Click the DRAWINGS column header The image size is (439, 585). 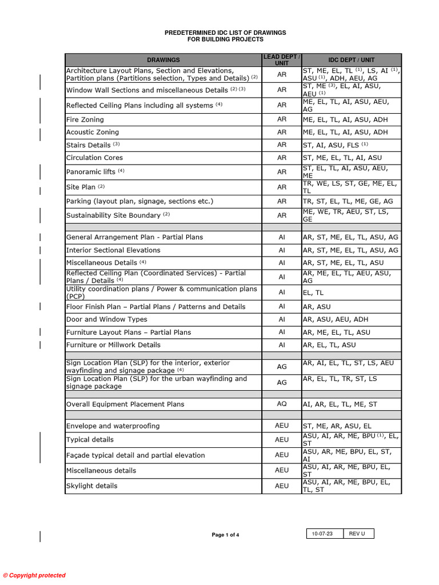pos(163,60)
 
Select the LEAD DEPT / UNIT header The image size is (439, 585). pos(282,60)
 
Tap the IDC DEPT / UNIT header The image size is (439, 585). pos(352,60)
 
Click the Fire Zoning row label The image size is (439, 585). pos(85,120)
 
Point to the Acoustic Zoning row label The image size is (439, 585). pos(93,133)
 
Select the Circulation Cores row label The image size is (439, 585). pos(94,158)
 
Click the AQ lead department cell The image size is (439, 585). pos(282,404)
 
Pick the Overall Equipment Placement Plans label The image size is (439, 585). pos(125,404)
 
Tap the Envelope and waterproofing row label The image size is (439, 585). pos(113,426)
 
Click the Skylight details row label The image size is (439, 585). pos(91,486)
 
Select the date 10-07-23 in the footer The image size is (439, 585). pos(322,534)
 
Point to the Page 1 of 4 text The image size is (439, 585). pos(225,535)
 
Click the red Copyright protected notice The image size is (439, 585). pos(34,575)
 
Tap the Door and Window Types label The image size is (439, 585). pos(106,320)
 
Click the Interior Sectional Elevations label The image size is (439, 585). pos(113,250)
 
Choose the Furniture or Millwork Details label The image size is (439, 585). pos(113,345)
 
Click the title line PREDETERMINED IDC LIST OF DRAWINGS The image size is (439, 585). pos(225,33)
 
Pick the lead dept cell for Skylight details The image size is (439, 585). pos(282,486)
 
